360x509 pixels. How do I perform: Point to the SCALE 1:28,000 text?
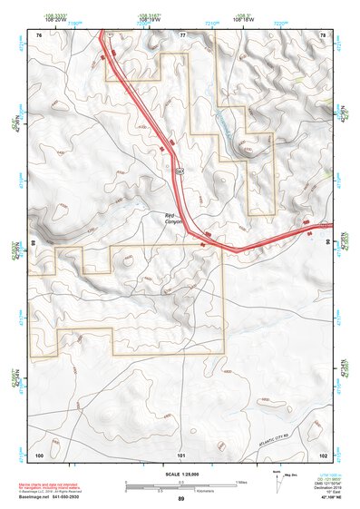182,475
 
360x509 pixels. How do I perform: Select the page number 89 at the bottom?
181,500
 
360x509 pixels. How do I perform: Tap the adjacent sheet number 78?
323,34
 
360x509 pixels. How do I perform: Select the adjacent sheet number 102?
323,454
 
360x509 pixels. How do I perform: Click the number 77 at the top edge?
181,34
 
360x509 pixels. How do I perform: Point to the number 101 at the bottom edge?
181,454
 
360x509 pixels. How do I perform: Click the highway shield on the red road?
180,170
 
